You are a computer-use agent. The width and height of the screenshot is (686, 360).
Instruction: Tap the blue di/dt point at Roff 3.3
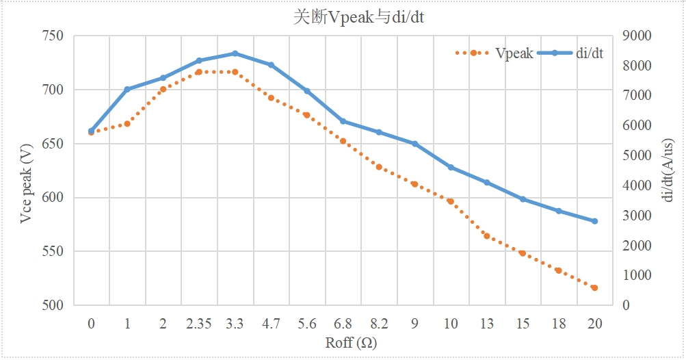point(235,53)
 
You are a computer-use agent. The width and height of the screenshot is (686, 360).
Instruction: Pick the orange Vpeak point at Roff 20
point(594,288)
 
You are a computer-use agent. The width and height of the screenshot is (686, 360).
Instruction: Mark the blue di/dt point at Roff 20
point(594,221)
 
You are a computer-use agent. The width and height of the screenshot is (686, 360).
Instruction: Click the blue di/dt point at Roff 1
point(127,89)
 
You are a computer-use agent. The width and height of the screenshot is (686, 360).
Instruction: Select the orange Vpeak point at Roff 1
point(127,123)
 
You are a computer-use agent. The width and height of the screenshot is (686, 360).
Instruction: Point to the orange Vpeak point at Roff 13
point(487,235)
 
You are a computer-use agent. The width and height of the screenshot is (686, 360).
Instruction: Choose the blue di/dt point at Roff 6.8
point(343,121)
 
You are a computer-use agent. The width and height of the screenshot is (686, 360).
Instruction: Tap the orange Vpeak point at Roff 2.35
point(199,72)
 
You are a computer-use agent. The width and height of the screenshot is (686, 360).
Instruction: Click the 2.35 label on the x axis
point(199,324)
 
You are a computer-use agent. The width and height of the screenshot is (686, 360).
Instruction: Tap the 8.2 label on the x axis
point(379,324)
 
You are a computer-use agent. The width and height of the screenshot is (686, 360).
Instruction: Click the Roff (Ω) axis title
point(351,342)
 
